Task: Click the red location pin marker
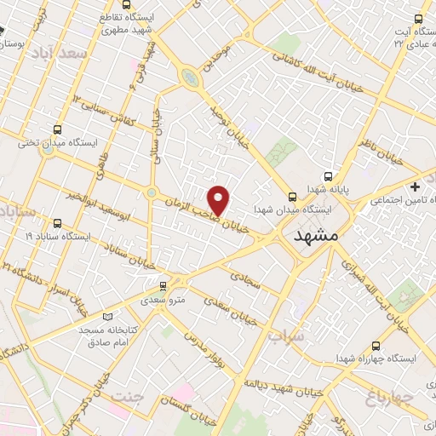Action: pos(220,200)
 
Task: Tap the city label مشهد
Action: pos(315,236)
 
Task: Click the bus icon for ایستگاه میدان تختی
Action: pos(57,130)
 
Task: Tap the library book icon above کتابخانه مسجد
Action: pos(106,316)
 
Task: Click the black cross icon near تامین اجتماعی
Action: pos(415,186)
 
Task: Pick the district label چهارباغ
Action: pos(389,398)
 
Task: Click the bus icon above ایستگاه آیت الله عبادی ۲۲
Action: pos(419,18)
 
